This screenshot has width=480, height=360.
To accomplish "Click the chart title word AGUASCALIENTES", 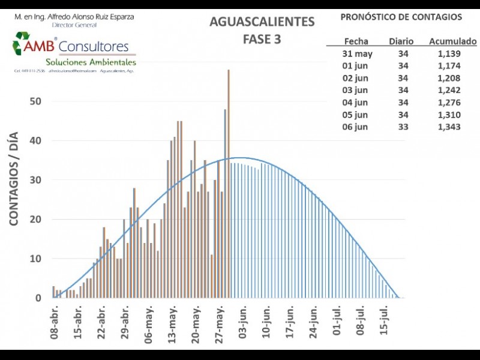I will coord(262,22).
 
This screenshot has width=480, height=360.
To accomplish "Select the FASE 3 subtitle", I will coord(262,40).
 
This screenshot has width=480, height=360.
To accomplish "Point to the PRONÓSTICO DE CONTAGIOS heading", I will coord(401,17).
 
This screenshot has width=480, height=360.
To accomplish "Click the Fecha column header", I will coord(356,41).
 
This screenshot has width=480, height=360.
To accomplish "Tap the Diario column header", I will coord(401,41).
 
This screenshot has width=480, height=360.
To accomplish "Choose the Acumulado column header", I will coord(452,41).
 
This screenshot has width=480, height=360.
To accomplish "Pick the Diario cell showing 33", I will coord(403,127).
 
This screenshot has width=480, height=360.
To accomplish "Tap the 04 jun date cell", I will coord(355,102).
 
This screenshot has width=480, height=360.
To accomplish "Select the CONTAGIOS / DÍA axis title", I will coord(14,179).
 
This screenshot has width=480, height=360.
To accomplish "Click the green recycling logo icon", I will coord(22,44).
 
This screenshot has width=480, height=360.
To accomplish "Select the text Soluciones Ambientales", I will coord(91,62).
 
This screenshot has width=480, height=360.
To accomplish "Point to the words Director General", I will coord(74,25).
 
